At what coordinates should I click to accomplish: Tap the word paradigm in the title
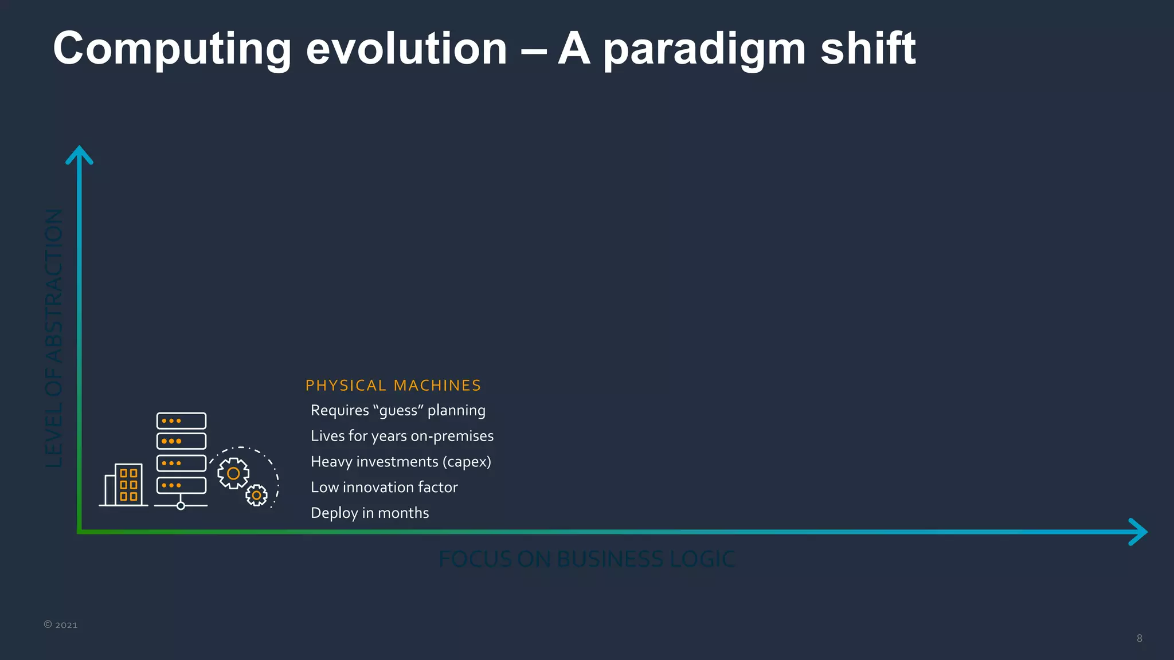(x=705, y=49)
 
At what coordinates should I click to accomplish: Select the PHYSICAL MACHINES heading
(x=393, y=386)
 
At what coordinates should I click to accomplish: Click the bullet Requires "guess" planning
(x=398, y=411)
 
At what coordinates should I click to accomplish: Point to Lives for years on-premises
(x=402, y=436)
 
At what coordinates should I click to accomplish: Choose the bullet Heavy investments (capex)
(x=401, y=462)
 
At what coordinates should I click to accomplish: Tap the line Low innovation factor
(x=384, y=488)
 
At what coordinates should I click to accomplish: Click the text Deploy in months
(x=370, y=513)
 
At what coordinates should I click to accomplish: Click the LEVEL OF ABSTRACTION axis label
(x=54, y=338)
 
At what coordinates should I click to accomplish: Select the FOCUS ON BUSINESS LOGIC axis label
(x=587, y=559)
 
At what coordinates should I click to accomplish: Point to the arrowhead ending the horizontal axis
(x=1138, y=532)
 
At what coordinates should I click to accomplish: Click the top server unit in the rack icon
(x=181, y=421)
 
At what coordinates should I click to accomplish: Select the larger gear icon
(x=233, y=473)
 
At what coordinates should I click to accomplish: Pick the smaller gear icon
(x=256, y=495)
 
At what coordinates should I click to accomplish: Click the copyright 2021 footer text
(x=61, y=625)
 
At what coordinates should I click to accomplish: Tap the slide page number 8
(x=1139, y=638)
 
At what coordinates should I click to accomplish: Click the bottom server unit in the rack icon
(x=181, y=485)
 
